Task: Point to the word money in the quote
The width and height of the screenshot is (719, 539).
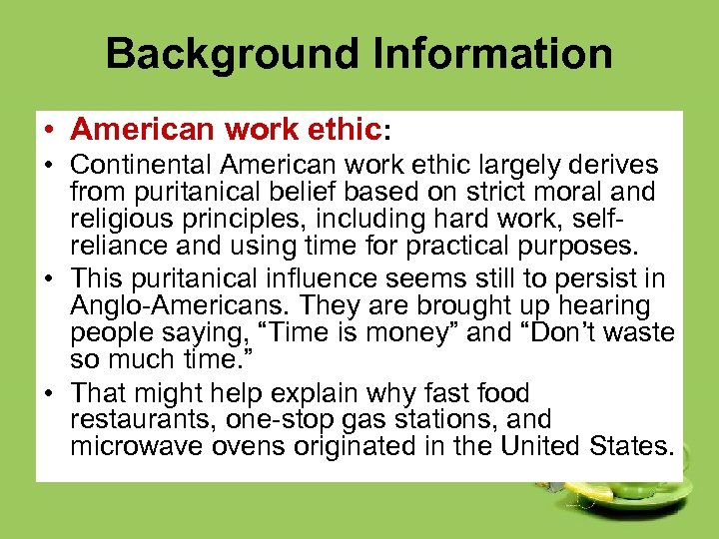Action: coord(410,333)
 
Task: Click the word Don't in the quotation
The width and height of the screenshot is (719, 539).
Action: coord(552,333)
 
